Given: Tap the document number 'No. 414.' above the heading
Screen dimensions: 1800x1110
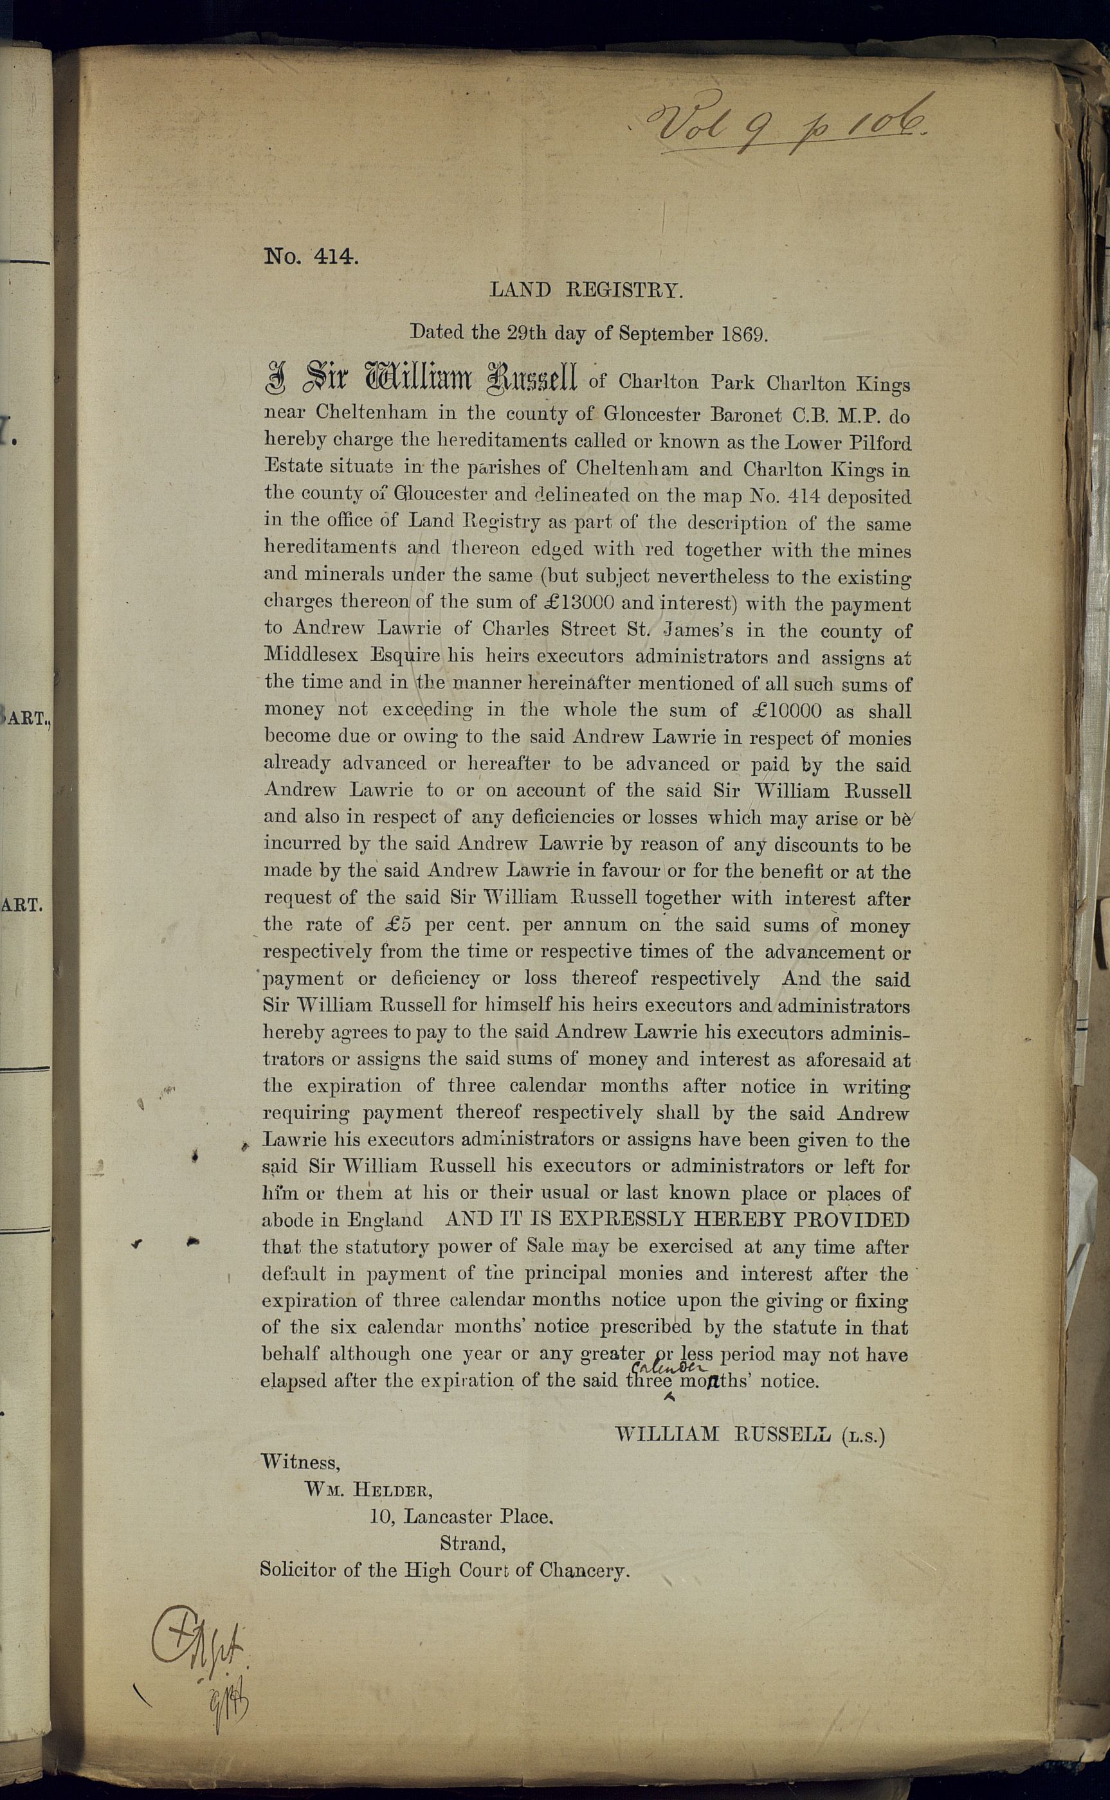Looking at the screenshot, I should (311, 257).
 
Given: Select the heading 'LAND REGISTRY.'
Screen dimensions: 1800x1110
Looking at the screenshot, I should (586, 291).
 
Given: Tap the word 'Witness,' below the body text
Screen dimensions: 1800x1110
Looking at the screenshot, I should (300, 1462).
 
